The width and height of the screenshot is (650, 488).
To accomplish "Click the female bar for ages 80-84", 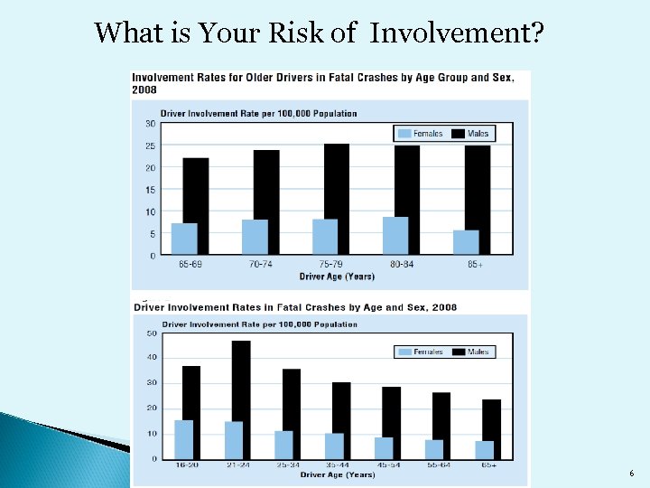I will tap(395, 236).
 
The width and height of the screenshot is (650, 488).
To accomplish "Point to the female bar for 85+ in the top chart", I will tap(466, 242).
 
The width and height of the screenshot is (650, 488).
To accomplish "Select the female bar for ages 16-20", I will tap(184, 439).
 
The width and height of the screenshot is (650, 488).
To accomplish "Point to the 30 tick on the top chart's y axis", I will tap(149, 124).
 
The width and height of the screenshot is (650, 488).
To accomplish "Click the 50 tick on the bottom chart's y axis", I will tap(152, 333).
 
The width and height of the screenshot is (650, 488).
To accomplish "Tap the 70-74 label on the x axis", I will tap(260, 265).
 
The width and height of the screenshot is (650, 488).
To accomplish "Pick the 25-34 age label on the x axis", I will tap(287, 466).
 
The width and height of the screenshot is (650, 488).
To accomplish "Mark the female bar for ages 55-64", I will tap(434, 449).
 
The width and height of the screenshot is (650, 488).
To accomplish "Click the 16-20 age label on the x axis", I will tap(188, 466).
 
